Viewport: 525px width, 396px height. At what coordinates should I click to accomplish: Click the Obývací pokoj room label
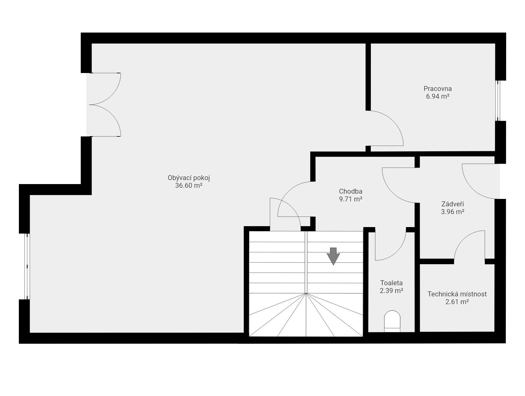(x=189, y=178)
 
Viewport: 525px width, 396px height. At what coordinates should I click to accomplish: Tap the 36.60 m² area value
(x=189, y=186)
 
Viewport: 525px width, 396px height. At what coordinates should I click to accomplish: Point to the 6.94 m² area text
(x=437, y=96)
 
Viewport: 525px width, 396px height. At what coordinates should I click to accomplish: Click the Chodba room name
(x=350, y=191)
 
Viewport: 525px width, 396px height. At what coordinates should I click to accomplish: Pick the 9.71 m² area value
(x=350, y=199)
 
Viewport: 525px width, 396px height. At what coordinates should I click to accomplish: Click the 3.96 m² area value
(x=453, y=212)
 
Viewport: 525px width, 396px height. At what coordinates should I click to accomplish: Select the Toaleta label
(x=391, y=283)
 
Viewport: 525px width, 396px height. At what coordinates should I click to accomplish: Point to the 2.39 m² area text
(x=391, y=291)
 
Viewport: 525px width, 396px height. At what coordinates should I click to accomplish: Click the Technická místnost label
(x=457, y=294)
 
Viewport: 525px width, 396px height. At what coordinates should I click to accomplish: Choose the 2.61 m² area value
(x=457, y=302)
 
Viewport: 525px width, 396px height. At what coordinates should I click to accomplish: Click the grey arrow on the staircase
(x=333, y=256)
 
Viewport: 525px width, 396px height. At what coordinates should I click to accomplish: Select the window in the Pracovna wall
(x=498, y=101)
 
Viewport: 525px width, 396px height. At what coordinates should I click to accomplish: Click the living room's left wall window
(x=27, y=266)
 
